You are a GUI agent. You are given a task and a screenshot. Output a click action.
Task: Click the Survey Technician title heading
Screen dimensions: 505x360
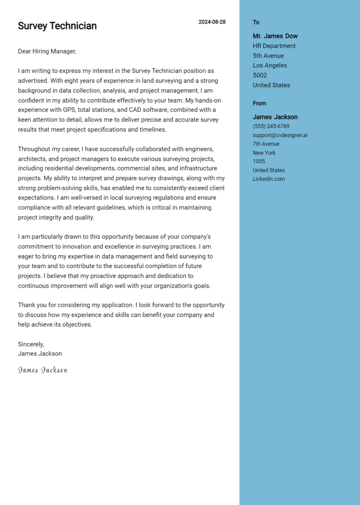pyautogui.click(x=57, y=26)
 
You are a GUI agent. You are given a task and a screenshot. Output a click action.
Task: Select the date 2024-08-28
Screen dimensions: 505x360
pyautogui.click(x=212, y=22)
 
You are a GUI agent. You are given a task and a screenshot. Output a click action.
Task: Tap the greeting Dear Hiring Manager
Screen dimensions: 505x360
pyautogui.click(x=47, y=52)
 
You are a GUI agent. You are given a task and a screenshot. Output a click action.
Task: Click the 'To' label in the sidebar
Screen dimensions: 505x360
pyautogui.click(x=256, y=22)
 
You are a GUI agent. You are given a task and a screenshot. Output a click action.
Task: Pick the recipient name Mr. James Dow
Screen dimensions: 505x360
pyautogui.click(x=275, y=36)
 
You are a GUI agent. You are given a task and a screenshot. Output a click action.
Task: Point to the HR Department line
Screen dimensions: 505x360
pyautogui.click(x=274, y=46)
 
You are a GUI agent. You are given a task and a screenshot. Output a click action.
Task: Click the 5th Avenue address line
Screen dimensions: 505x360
pyautogui.click(x=268, y=56)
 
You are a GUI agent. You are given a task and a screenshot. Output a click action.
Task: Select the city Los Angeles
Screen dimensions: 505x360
pyautogui.click(x=270, y=66)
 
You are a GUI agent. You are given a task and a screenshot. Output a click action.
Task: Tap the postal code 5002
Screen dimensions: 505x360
pyautogui.click(x=260, y=75)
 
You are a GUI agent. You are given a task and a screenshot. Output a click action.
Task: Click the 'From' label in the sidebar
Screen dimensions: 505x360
pyautogui.click(x=259, y=104)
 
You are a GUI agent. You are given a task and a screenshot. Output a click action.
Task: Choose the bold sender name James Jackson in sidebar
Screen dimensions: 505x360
pyautogui.click(x=275, y=117)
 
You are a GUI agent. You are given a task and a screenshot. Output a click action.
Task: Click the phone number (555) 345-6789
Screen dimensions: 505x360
pyautogui.click(x=271, y=126)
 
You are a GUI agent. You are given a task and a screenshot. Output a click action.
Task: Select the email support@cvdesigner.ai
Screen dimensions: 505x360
pyautogui.click(x=280, y=135)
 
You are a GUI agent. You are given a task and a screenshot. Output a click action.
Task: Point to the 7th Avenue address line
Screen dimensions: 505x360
pyautogui.click(x=266, y=144)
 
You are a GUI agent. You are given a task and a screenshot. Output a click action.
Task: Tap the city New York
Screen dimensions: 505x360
pyautogui.click(x=264, y=153)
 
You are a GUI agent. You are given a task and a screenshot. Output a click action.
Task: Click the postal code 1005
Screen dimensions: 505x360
pyautogui.click(x=259, y=162)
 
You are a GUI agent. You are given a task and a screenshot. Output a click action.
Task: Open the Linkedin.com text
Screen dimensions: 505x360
pyautogui.click(x=269, y=179)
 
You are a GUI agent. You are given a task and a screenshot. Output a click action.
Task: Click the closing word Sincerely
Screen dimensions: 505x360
pyautogui.click(x=31, y=344)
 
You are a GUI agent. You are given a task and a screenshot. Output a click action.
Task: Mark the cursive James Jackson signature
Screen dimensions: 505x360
pyautogui.click(x=43, y=370)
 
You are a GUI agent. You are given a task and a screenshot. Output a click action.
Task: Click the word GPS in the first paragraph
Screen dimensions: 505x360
pyautogui.click(x=82, y=110)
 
